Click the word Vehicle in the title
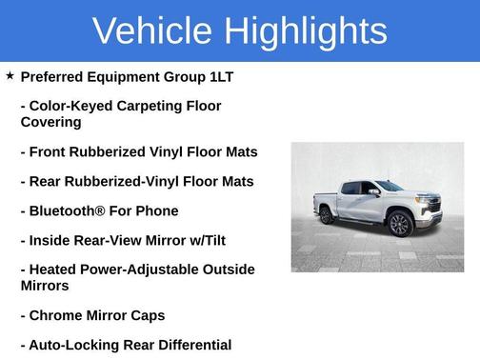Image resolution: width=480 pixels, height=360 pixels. pyautogui.click(x=152, y=31)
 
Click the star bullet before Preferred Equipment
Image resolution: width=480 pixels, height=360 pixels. pyautogui.click(x=10, y=75)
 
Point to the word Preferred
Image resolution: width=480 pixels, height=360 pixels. pyautogui.click(x=56, y=76)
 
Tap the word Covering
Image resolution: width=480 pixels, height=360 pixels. pyautogui.click(x=51, y=122)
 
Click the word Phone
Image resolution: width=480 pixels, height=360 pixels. pyautogui.click(x=157, y=210)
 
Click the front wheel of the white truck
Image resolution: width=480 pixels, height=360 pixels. pyautogui.click(x=400, y=225)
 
